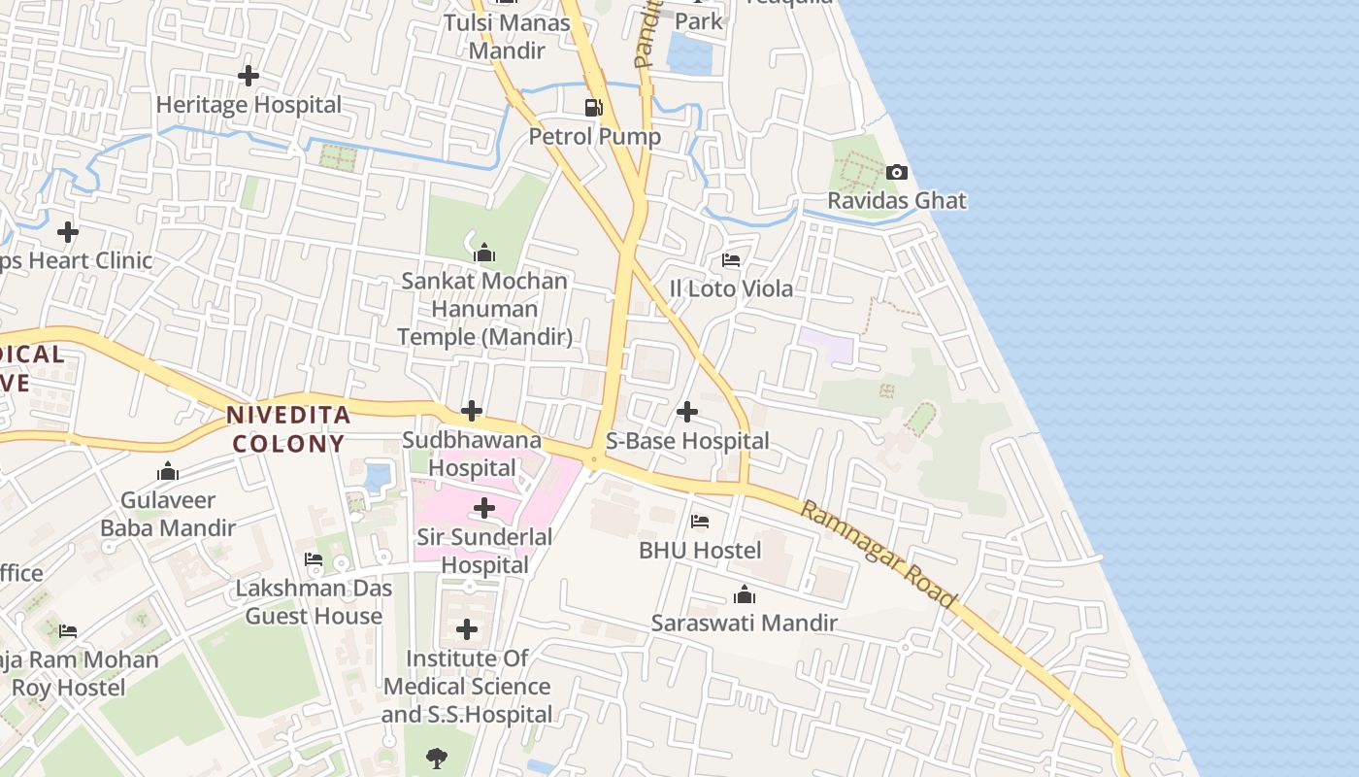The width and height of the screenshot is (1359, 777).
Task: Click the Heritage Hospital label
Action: click(249, 105)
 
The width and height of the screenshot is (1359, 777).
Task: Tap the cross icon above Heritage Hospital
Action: click(249, 75)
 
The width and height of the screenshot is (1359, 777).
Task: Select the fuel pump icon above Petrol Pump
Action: click(594, 107)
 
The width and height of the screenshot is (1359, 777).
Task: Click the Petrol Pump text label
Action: click(594, 137)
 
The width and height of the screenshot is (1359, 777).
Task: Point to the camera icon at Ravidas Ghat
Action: click(897, 172)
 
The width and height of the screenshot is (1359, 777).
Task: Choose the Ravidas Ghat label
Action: click(897, 201)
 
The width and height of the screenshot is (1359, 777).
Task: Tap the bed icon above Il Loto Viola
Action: click(731, 260)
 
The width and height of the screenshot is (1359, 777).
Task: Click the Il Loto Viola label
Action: click(731, 288)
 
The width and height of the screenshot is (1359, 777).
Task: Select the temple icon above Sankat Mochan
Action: click(484, 254)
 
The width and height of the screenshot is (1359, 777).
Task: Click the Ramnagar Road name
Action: click(878, 554)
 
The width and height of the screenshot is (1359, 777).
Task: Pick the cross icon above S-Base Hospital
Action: click(687, 412)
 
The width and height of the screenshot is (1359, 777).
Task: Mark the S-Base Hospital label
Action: click(687, 441)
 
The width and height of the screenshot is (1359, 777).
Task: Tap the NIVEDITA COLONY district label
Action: click(287, 429)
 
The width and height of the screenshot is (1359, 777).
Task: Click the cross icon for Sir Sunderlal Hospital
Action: click(483, 508)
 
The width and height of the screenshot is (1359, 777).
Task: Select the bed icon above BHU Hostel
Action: click(700, 522)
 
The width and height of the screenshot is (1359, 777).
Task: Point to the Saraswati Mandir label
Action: click(744, 623)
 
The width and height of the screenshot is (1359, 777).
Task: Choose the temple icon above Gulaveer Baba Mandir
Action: click(168, 472)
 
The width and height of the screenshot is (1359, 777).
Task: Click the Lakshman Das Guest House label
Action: click(314, 602)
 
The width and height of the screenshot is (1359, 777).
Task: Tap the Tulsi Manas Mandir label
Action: click(507, 36)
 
